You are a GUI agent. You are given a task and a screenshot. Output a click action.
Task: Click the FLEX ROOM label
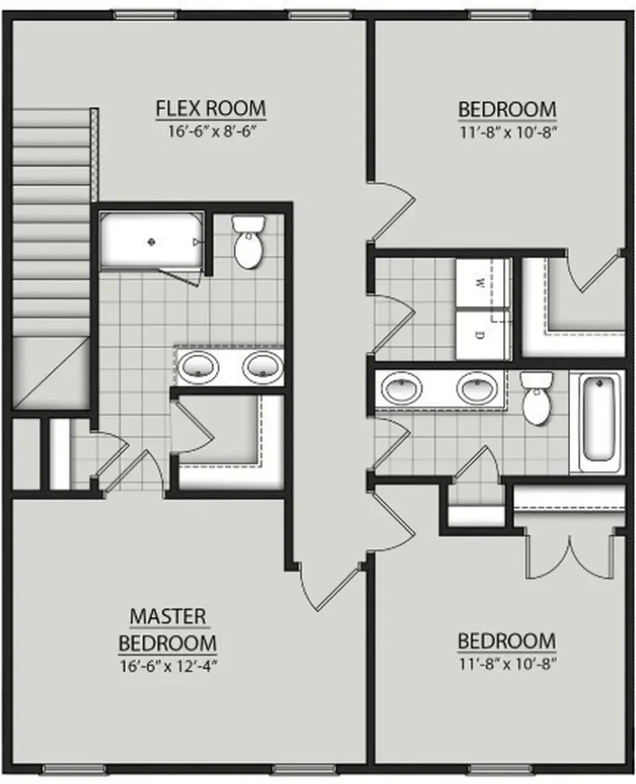tap(210, 109)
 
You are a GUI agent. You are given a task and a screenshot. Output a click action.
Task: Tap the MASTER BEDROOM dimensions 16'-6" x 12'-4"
tap(168, 667)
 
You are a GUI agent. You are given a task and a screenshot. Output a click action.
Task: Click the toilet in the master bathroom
tap(249, 241)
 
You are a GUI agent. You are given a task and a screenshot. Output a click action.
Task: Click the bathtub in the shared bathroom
tap(598, 421)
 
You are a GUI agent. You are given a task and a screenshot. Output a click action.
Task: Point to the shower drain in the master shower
tap(152, 242)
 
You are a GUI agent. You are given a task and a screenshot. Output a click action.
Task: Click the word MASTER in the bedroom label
tap(168, 616)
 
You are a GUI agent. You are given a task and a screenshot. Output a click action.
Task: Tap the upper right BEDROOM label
tap(507, 109)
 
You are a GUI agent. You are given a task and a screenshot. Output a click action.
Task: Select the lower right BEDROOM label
tap(507, 641)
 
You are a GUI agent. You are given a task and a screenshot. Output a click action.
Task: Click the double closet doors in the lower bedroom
tap(570, 556)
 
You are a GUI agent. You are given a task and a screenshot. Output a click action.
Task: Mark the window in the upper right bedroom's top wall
tap(501, 15)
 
